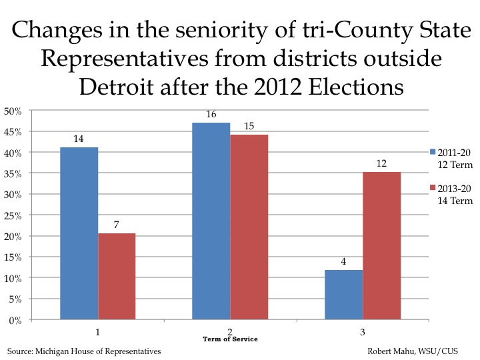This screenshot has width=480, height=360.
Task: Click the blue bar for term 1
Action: [79, 233]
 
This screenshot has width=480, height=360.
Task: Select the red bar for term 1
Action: [117, 277]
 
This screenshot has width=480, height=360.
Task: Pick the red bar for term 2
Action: [249, 227]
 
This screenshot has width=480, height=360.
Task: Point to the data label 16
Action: [211, 115]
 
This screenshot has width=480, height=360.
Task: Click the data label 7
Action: [117, 225]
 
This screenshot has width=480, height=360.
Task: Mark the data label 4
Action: [343, 262]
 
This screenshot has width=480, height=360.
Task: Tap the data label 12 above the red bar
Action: [381, 164]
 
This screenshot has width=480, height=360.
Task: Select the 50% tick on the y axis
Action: [13, 111]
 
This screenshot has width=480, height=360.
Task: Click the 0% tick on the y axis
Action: [15, 320]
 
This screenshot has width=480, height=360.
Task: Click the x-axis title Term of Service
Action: [230, 339]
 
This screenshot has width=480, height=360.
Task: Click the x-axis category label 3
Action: [363, 330]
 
